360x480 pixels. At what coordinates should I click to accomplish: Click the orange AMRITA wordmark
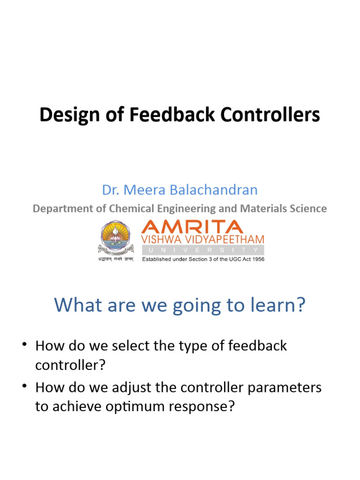tap(193, 227)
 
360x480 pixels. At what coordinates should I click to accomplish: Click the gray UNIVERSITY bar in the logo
tap(202, 249)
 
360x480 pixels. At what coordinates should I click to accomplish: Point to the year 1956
tap(257, 259)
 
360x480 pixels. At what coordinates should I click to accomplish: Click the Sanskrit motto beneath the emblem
tap(115, 259)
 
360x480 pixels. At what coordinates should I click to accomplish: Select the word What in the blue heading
tap(75, 305)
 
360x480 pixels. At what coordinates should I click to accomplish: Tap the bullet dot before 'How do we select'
tap(24, 346)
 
